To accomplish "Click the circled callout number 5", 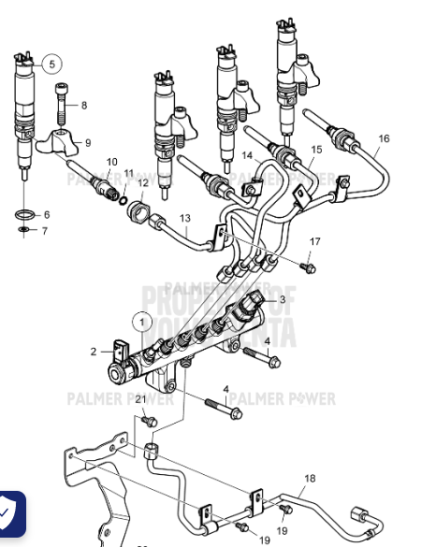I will tap(52, 65).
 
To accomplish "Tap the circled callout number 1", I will tap(142, 322).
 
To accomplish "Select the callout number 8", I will tap(83, 106).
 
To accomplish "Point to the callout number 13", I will tap(185, 218).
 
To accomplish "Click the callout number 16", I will tap(384, 138).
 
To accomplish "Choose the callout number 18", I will tap(310, 479).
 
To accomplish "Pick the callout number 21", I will tap(140, 399).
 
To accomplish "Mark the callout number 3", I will tap(282, 300).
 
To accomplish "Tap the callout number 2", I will tap(94, 352).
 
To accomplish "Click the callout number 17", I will tap(315, 241).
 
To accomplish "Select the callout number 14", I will tap(248, 155).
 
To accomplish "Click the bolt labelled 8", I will tap(63, 102).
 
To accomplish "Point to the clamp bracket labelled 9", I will tap(55, 141).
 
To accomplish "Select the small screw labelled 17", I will tap(310, 267).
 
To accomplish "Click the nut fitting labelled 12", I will tap(138, 211).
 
